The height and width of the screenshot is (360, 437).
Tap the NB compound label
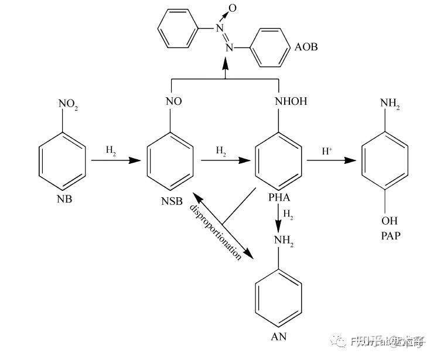[65, 200]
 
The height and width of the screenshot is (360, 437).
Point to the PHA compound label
[279, 197]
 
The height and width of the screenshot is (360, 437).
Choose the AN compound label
[278, 337]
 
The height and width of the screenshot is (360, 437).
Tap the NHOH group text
[291, 101]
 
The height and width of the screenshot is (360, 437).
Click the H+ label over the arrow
[327, 151]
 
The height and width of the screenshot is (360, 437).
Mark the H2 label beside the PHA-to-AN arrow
[288, 215]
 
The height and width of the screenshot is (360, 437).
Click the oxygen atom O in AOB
[233, 8]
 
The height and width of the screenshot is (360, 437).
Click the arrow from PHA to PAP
[331, 160]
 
